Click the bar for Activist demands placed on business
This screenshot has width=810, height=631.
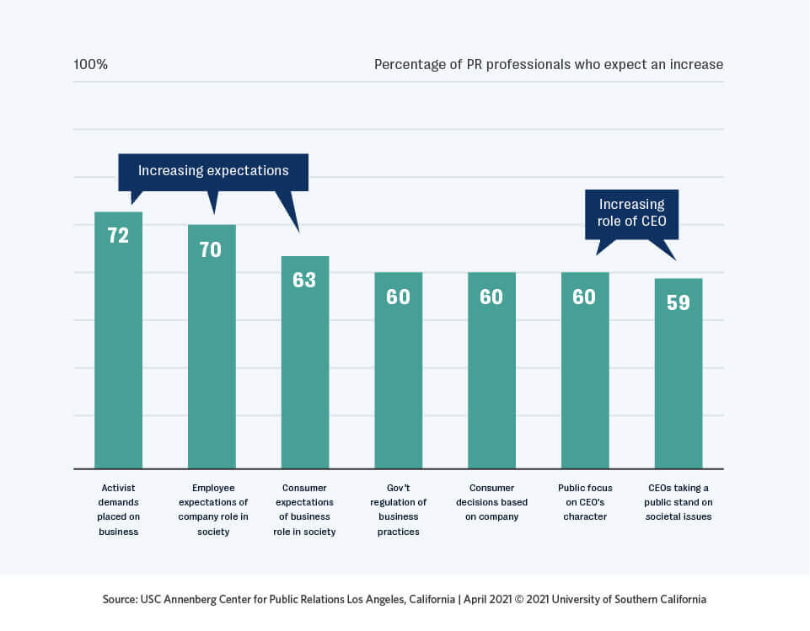[x=118, y=354]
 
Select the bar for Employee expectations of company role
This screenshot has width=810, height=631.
[x=212, y=362]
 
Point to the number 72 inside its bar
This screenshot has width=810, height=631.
[x=118, y=236]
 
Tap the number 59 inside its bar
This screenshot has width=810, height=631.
[x=679, y=302]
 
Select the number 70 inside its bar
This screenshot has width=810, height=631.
[x=211, y=249]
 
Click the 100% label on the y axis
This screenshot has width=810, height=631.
[x=90, y=65]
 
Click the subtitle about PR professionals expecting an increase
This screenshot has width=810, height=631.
[x=548, y=65]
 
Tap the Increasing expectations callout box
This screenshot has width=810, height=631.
[x=213, y=171]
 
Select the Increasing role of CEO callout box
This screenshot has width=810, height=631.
[x=631, y=213]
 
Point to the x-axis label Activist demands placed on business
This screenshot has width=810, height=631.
[x=117, y=510]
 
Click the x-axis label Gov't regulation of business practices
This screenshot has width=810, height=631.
[x=398, y=510]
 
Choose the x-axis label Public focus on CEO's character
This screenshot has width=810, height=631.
[x=585, y=502]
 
